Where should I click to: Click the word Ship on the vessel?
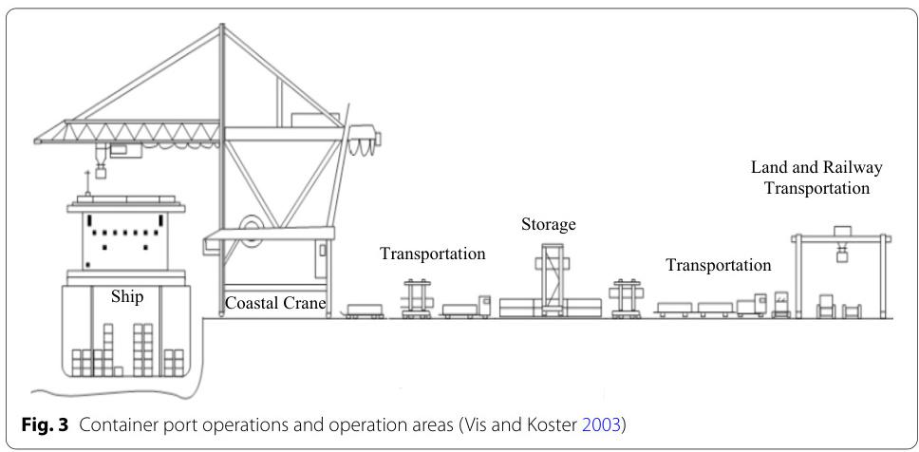(127, 297)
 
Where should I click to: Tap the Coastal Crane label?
(275, 304)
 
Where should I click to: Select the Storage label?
(548, 225)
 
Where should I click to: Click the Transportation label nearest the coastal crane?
(433, 254)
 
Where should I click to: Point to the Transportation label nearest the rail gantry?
(718, 265)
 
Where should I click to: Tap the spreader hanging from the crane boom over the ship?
(99, 171)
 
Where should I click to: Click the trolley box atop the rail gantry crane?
(842, 231)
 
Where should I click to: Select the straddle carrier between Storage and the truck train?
(628, 298)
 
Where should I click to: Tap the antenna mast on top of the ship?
(87, 181)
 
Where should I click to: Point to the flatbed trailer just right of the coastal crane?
(366, 311)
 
